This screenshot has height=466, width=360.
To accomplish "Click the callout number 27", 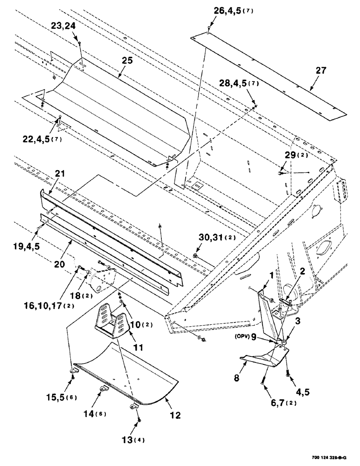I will [x=321, y=71].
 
